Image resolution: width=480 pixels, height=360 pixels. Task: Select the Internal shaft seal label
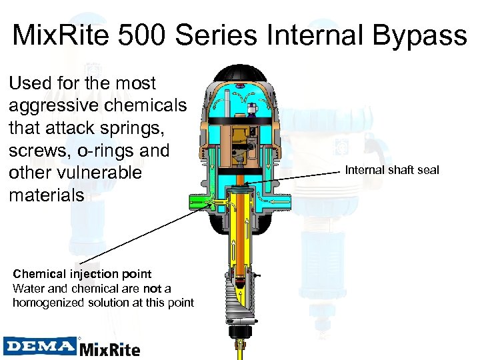pos(392,170)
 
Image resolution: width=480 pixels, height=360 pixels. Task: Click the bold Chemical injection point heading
pos(82,273)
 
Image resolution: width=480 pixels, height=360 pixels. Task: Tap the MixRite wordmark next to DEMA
pos(110,348)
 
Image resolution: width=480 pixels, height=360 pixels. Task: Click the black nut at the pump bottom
pos(238,331)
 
